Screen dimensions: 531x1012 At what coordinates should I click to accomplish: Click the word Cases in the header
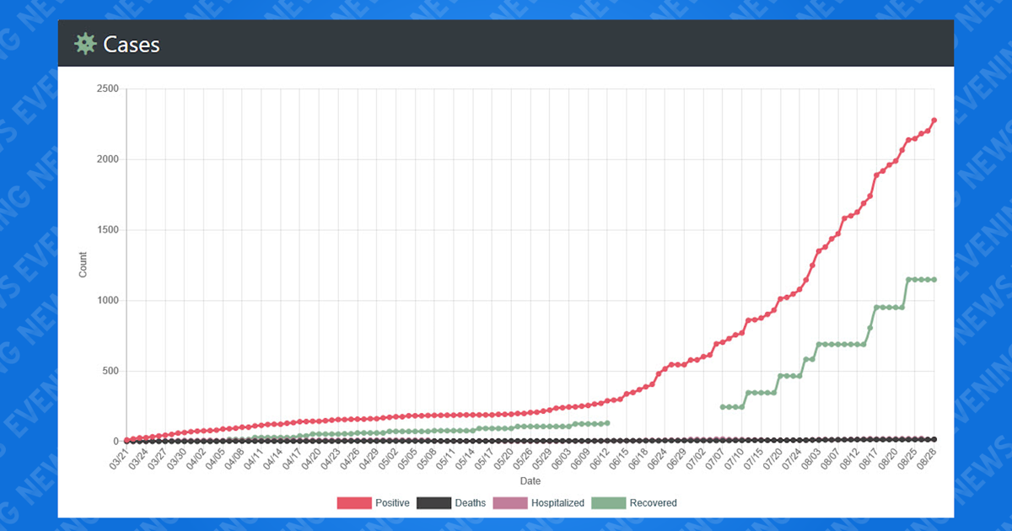132,45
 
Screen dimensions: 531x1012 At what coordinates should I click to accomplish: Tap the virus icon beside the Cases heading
85,44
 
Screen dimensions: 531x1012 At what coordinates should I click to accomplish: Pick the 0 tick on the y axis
114,442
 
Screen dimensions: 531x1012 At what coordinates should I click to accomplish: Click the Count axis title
83,265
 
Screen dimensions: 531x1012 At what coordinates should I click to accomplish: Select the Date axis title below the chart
530,481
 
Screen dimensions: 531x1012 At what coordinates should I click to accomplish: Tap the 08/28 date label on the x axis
925,460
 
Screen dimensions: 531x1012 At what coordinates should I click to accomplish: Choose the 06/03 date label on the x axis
558,460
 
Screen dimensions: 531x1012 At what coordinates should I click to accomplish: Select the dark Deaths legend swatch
433,503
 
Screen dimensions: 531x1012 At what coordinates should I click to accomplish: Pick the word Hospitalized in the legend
557,503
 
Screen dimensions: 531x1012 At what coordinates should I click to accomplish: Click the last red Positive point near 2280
934,121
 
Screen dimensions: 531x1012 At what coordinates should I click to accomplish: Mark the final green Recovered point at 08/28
934,280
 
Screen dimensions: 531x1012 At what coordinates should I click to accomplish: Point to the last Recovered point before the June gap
606,422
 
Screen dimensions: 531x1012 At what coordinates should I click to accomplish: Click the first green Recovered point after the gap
722,407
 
